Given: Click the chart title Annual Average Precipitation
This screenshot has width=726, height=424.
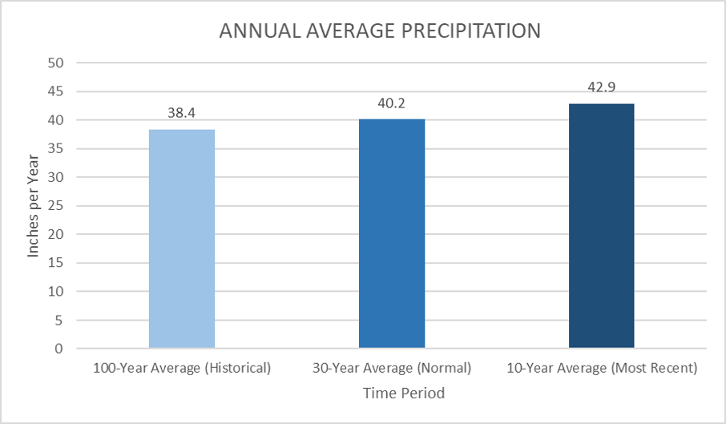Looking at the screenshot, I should coord(381,31).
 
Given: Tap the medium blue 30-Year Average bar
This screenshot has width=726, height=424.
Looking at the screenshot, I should coord(392,233).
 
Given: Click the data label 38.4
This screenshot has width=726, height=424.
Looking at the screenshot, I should coord(182,114).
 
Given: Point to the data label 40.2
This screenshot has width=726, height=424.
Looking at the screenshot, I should coord(392,103).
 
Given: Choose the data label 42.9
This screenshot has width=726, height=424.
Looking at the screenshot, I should coord(601,88).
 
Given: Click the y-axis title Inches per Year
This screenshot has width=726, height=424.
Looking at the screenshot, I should coord(34,206).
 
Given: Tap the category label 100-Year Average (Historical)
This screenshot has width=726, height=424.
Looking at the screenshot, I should coord(182,369).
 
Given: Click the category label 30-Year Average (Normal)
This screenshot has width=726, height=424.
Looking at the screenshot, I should coord(392,369).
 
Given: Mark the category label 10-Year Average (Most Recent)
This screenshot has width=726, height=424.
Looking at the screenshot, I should coord(602,369).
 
